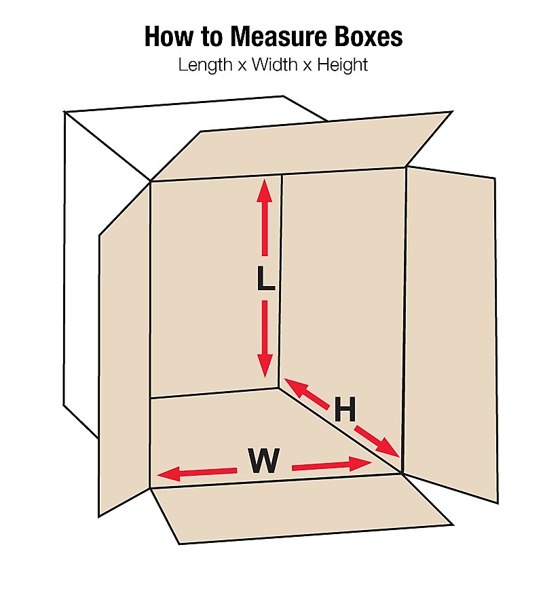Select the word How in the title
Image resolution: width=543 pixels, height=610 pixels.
coord(166,37)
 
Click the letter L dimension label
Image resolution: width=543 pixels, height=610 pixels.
coord(265,279)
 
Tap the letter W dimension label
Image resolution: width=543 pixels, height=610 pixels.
coord(263,462)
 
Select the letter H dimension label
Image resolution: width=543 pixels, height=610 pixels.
coord(344,410)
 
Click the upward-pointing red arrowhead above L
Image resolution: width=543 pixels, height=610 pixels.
coord(264,189)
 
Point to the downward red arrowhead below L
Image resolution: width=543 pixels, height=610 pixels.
coord(265,366)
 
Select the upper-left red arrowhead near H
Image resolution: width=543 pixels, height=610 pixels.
coord(293,386)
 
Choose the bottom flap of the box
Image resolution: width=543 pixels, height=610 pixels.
coord(299,508)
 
